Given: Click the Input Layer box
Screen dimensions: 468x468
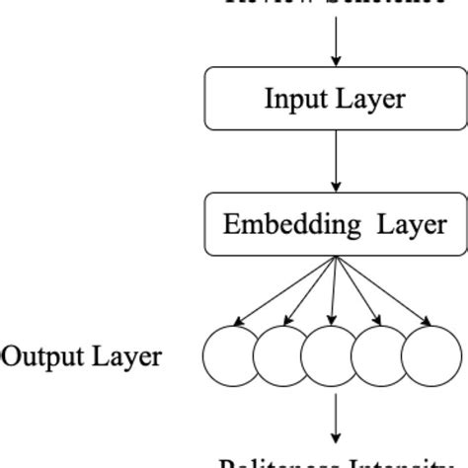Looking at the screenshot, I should (x=337, y=99).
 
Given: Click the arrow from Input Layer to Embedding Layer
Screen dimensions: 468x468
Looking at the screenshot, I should (x=337, y=160).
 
